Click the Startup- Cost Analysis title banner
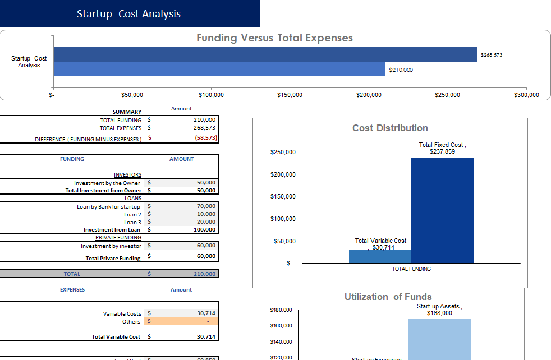coord(129,14)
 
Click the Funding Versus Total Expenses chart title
coord(274,38)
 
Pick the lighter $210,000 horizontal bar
coord(219,69)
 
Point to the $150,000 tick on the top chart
coord(290,95)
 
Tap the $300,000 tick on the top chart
coord(526,95)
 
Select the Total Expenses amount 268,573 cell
coord(204,128)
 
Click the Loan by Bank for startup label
coord(108,206)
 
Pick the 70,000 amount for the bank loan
coord(205,206)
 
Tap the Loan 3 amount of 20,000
coord(205,222)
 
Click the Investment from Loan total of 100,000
coord(204,230)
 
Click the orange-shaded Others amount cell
coord(181,321)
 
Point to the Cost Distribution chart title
coord(390,128)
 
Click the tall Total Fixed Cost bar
coord(442,210)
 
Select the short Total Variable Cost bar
coord(380,256)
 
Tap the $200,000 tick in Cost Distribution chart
coord(283,174)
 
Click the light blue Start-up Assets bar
coord(439,339)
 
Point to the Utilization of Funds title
coord(388,297)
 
